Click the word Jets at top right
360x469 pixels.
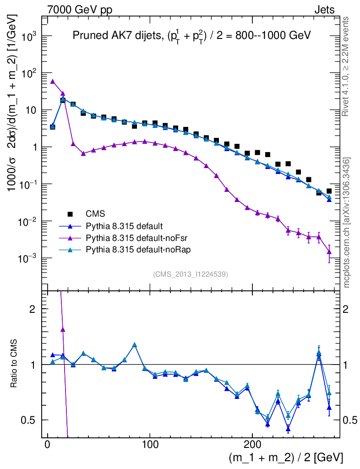324,10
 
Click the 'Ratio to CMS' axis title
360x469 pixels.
14,364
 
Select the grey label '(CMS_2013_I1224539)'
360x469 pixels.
191,274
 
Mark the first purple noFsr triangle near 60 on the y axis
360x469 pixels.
53,82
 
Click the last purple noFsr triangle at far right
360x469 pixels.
329,251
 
